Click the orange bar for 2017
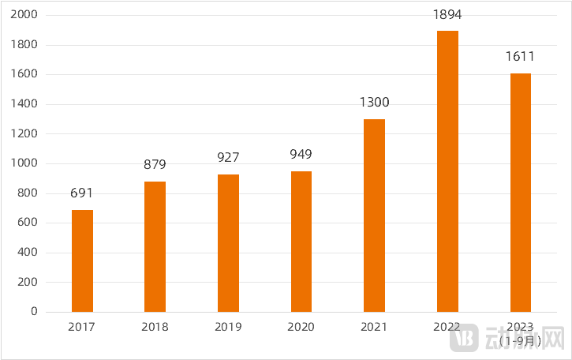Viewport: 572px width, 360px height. tap(82, 261)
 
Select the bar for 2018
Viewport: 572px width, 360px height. tap(155, 246)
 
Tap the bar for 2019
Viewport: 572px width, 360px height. tap(228, 243)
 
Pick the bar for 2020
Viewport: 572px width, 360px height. tap(301, 242)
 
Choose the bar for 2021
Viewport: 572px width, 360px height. tap(374, 216)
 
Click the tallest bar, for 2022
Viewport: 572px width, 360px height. tap(447, 171)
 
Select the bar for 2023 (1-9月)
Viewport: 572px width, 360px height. tap(520, 193)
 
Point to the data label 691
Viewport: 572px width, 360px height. tap(82, 193)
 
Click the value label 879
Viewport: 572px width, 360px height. tap(155, 165)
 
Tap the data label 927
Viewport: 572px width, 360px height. tap(228, 158)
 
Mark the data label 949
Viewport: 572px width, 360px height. tap(301, 154)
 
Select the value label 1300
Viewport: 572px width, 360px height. tap(374, 103)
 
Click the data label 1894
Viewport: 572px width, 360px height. tap(447, 14)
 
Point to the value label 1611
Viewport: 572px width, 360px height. tap(520, 56)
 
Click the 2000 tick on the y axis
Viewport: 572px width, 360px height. tap(25, 15)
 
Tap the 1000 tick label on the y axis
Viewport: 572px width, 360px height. tap(25, 163)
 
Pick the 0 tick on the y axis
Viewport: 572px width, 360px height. tap(34, 312)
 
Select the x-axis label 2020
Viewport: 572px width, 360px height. tap(301, 327)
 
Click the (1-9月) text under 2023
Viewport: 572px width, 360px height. tap(521, 341)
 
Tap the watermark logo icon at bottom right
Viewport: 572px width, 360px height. tap(465, 337)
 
